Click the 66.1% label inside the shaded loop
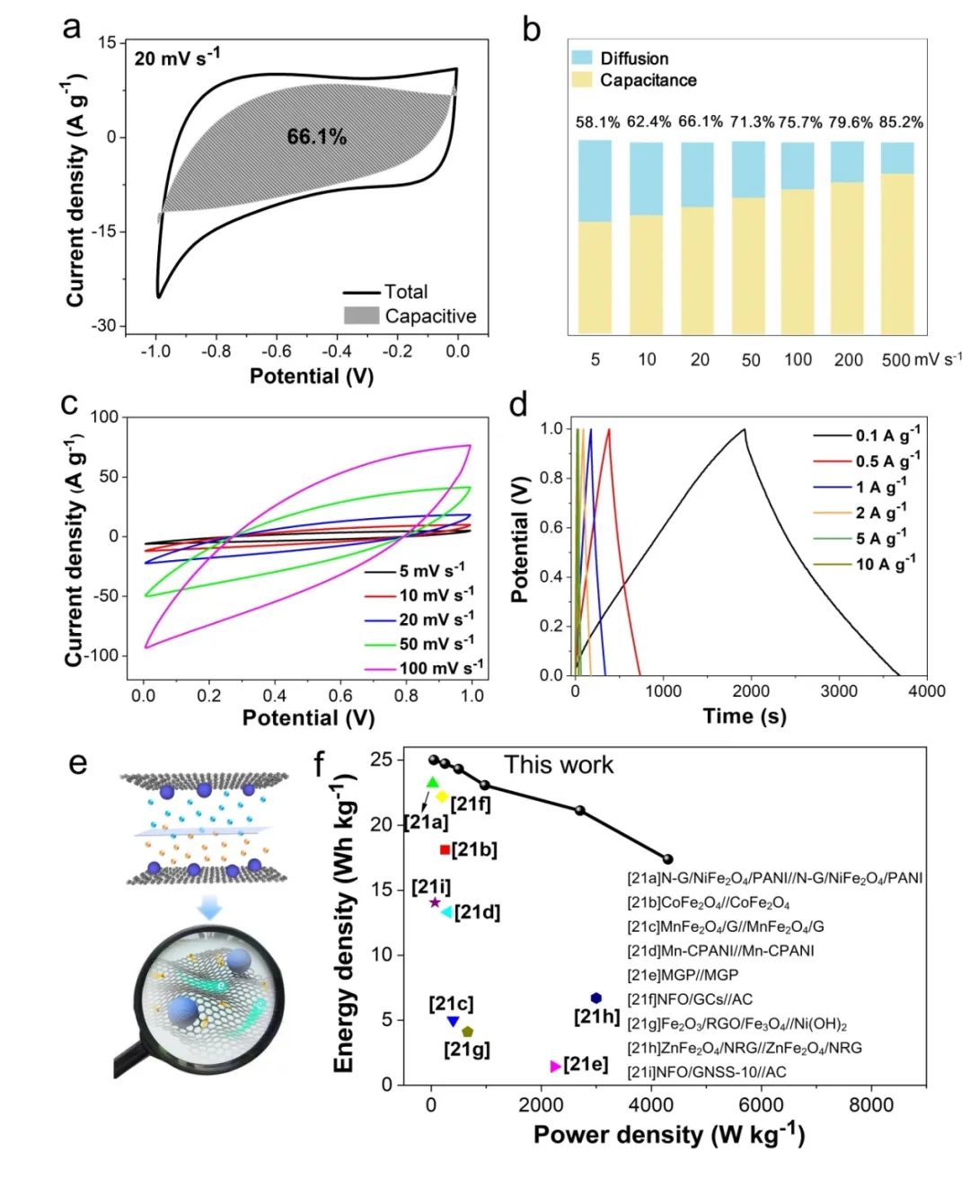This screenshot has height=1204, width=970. pyautogui.click(x=316, y=136)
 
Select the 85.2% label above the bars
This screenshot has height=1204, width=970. pyautogui.click(x=901, y=122)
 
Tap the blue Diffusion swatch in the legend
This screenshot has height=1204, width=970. pyautogui.click(x=582, y=57)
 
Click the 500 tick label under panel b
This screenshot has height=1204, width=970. pyautogui.click(x=895, y=360)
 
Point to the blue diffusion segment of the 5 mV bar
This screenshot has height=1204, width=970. pyautogui.click(x=595, y=180)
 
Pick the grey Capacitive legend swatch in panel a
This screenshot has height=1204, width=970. pyautogui.click(x=361, y=316)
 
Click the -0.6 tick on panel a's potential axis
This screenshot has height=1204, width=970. pyautogui.click(x=276, y=351)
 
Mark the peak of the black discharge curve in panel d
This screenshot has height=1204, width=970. pyautogui.click(x=744, y=429)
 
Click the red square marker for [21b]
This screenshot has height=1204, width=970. pyautogui.click(x=445, y=849)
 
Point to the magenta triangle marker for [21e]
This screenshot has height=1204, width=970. pyautogui.click(x=555, y=1066)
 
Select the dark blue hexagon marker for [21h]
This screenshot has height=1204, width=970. pyautogui.click(x=595, y=998)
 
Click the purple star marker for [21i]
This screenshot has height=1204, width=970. pyautogui.click(x=435, y=902)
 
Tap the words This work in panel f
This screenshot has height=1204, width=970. pyautogui.click(x=559, y=765)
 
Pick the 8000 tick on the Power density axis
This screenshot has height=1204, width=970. pyautogui.click(x=870, y=1105)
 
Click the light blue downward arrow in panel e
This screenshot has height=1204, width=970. pyautogui.click(x=209, y=909)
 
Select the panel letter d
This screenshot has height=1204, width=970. pyautogui.click(x=517, y=406)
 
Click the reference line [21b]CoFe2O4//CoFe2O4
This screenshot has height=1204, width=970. pyautogui.click(x=709, y=902)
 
